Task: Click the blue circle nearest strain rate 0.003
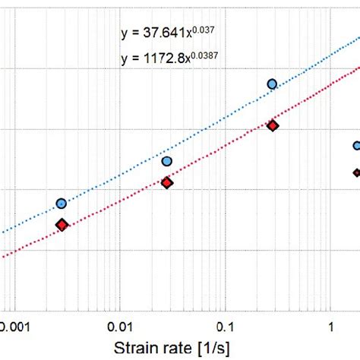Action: point(62,204)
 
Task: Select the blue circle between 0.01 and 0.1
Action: point(166,161)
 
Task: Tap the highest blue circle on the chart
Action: point(272,84)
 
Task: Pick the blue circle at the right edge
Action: point(356,146)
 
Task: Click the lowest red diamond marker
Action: point(62,224)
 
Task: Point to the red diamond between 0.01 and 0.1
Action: point(166,182)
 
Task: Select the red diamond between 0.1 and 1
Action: point(272,125)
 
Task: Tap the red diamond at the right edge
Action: point(356,172)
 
